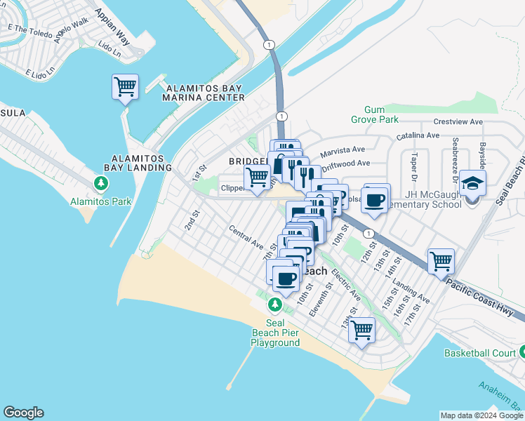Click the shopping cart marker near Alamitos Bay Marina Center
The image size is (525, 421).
tap(125, 88)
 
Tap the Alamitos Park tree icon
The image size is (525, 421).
tap(102, 184)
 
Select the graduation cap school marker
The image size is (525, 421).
tap(473, 184)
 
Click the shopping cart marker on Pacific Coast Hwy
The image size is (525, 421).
tap(441, 262)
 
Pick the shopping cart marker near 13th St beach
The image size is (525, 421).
tap(362, 329)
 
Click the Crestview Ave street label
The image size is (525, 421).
tap(458, 122)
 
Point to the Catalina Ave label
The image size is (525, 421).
tap(418, 135)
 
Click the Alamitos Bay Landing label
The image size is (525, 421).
tap(138, 163)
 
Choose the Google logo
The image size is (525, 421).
tap(23, 413)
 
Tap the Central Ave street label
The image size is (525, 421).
tap(246, 238)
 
